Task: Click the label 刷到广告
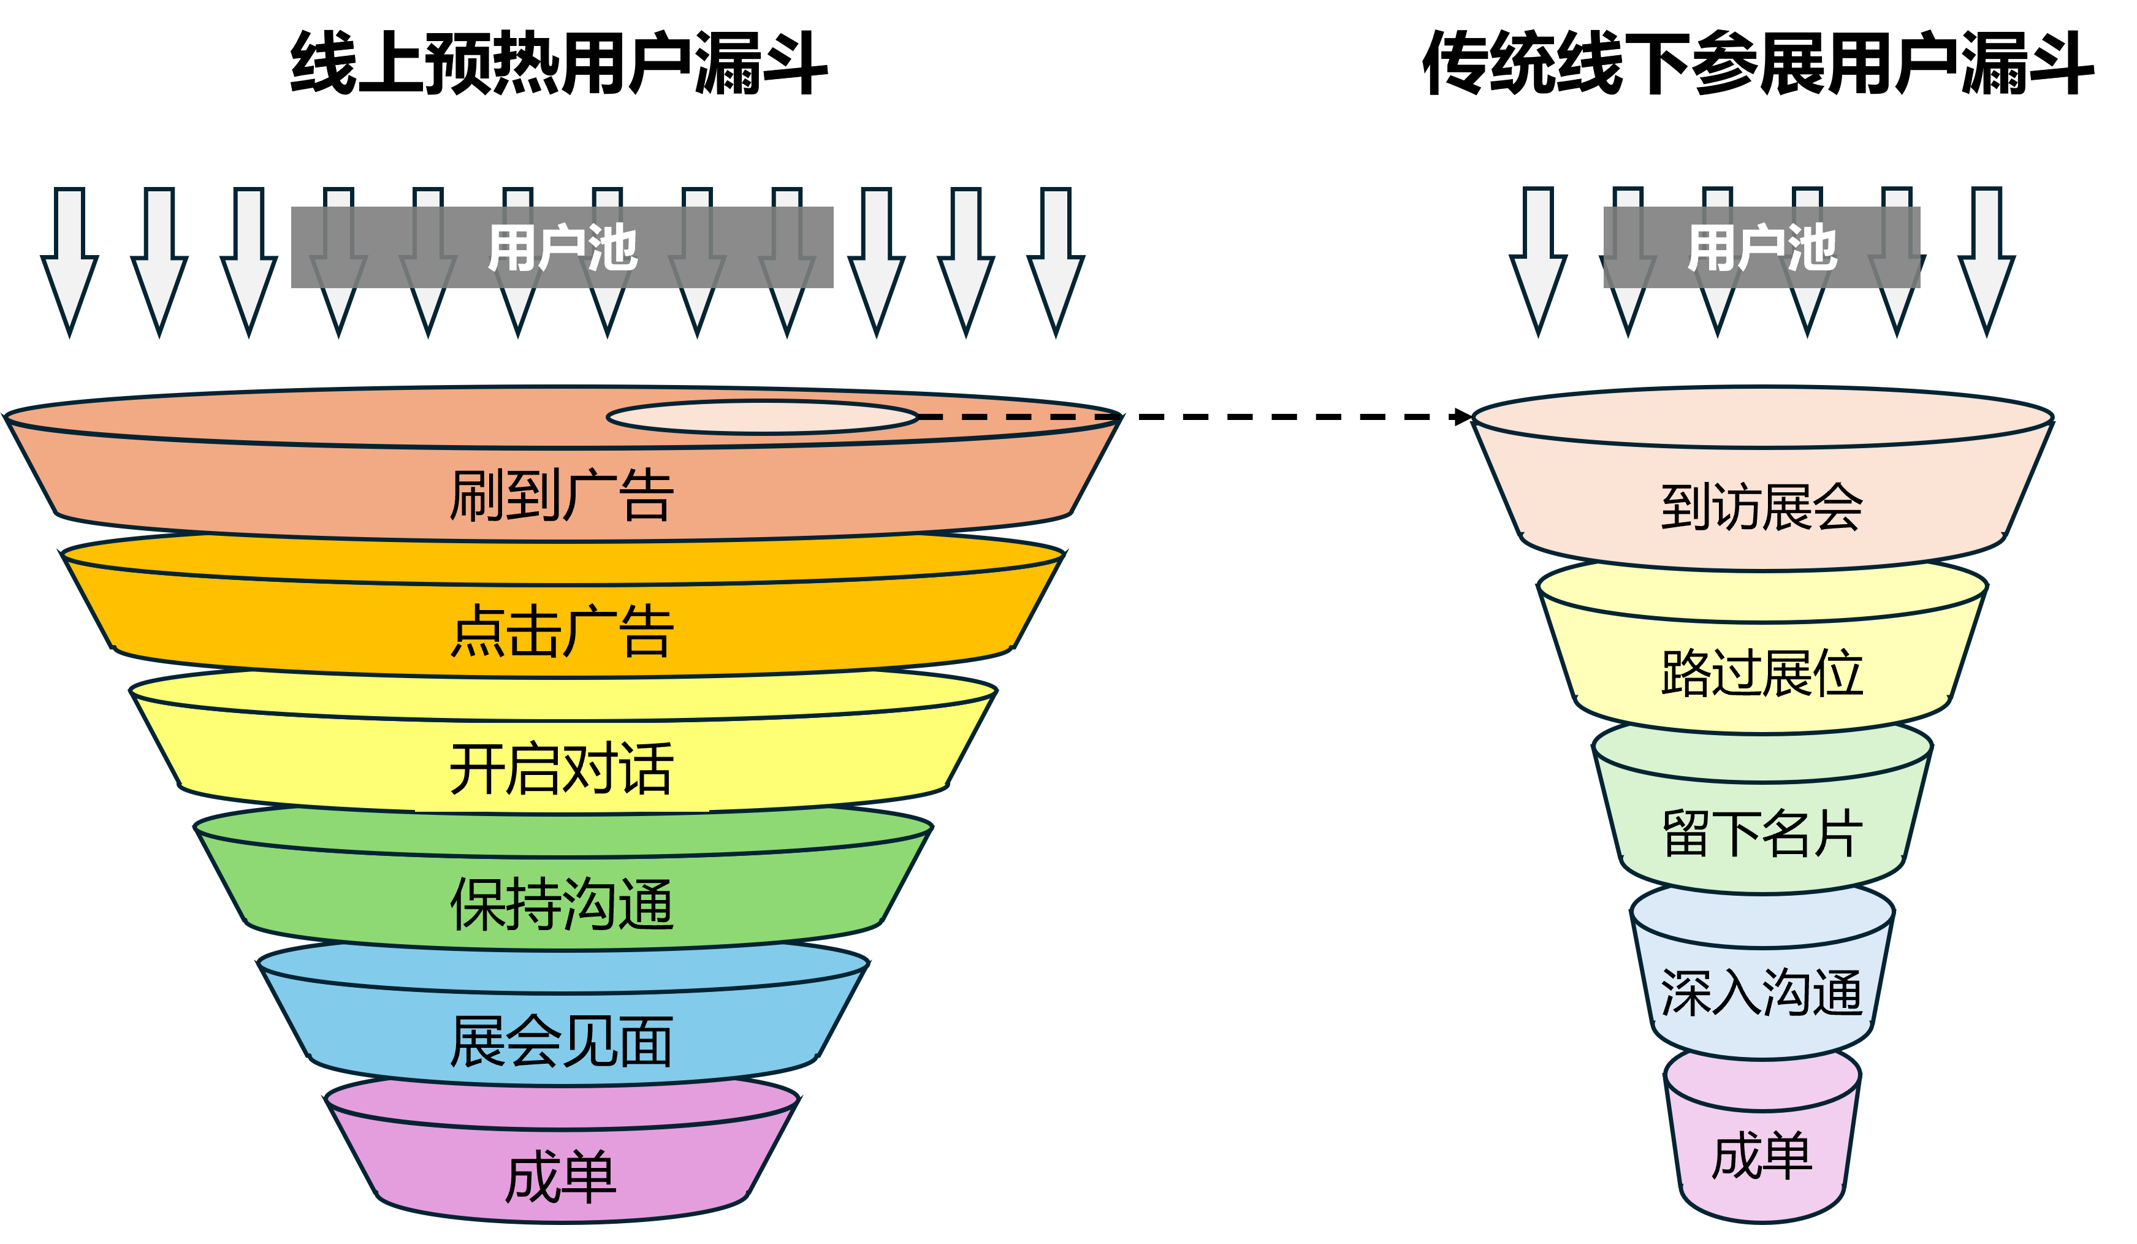[562, 495]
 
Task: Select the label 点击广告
[562, 632]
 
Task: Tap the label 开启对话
[562, 768]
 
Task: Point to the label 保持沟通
[562, 905]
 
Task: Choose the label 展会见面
[562, 1041]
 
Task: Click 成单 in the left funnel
[562, 1178]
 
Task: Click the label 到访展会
[1761, 507]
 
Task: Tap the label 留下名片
[1761, 834]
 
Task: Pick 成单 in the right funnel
[1761, 1155]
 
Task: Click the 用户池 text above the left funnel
[562, 248]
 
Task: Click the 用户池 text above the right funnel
[1761, 248]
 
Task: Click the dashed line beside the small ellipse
[1018, 417]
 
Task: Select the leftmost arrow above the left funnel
[69, 263]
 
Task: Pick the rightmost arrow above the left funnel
[1056, 263]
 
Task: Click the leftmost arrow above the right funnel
[1538, 263]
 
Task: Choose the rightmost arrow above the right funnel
[1986, 263]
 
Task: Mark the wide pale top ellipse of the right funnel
[1761, 417]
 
